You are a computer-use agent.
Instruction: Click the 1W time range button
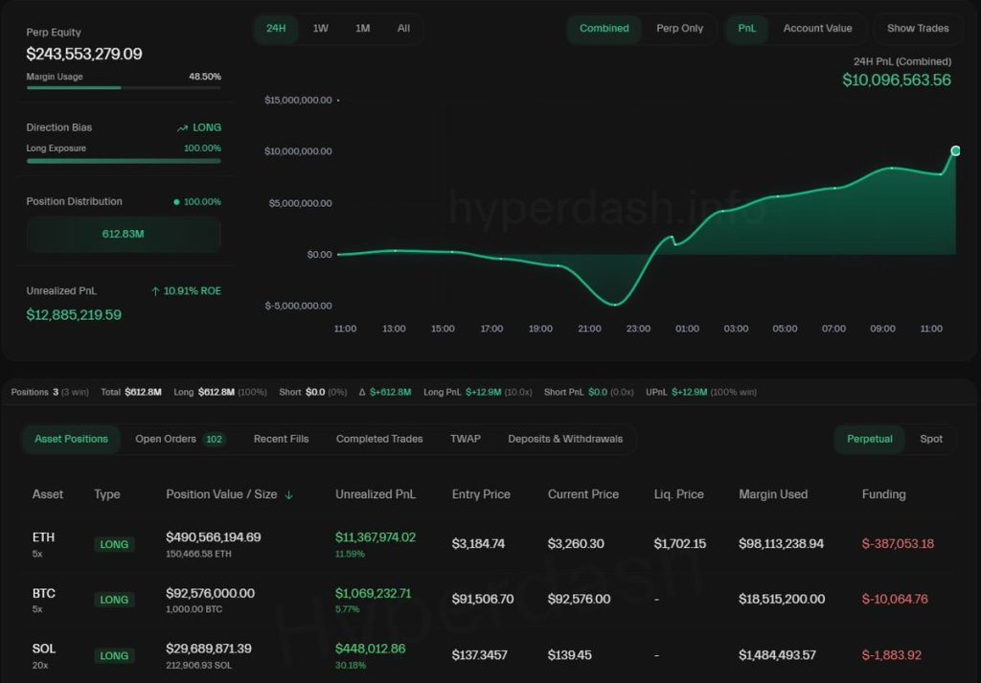coord(320,28)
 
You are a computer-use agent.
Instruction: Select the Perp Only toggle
coord(679,28)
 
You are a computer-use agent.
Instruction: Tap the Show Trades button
coord(918,28)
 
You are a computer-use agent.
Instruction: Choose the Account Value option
coord(817,28)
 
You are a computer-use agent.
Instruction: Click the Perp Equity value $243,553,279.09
coord(84,55)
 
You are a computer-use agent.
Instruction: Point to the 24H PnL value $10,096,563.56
coord(896,80)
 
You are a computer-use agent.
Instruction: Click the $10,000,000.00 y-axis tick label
coord(298,151)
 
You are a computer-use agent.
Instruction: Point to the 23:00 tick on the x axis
coord(638,329)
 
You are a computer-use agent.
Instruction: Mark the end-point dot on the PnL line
coord(955,150)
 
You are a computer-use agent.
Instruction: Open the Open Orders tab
coord(179,439)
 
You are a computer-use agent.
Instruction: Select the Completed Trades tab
coord(379,439)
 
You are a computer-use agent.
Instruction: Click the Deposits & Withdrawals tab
coord(565,439)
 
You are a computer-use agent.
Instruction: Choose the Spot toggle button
coord(931,439)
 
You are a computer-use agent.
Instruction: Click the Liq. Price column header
coord(678,494)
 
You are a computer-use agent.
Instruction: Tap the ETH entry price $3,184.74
coord(478,543)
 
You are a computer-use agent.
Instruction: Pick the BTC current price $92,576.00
coord(579,599)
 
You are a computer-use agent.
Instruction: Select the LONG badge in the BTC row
coord(114,600)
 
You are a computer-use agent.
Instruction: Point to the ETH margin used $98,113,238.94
coord(781,543)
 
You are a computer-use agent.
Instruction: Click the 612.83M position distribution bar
coord(124,234)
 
